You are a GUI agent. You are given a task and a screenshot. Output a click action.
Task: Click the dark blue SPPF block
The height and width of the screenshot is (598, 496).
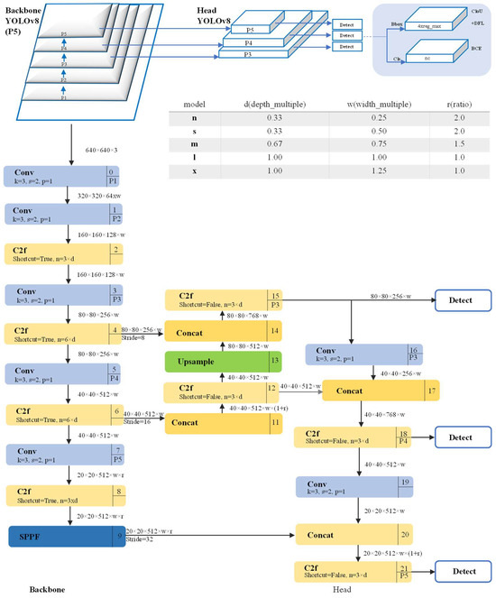pos(63,538)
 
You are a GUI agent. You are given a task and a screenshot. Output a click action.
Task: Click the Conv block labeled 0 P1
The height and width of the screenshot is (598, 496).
pos(63,177)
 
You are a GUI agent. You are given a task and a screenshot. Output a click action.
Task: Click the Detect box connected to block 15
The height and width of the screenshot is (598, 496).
pos(462,301)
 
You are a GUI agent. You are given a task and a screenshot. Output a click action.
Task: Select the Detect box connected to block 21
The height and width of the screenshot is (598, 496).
pos(462,572)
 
